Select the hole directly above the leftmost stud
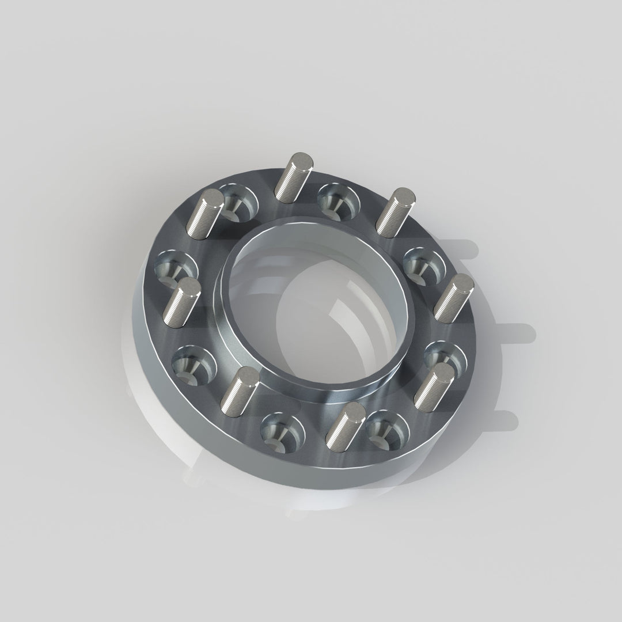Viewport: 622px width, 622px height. coord(176,268)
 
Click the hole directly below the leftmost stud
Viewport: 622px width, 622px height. coord(194,365)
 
